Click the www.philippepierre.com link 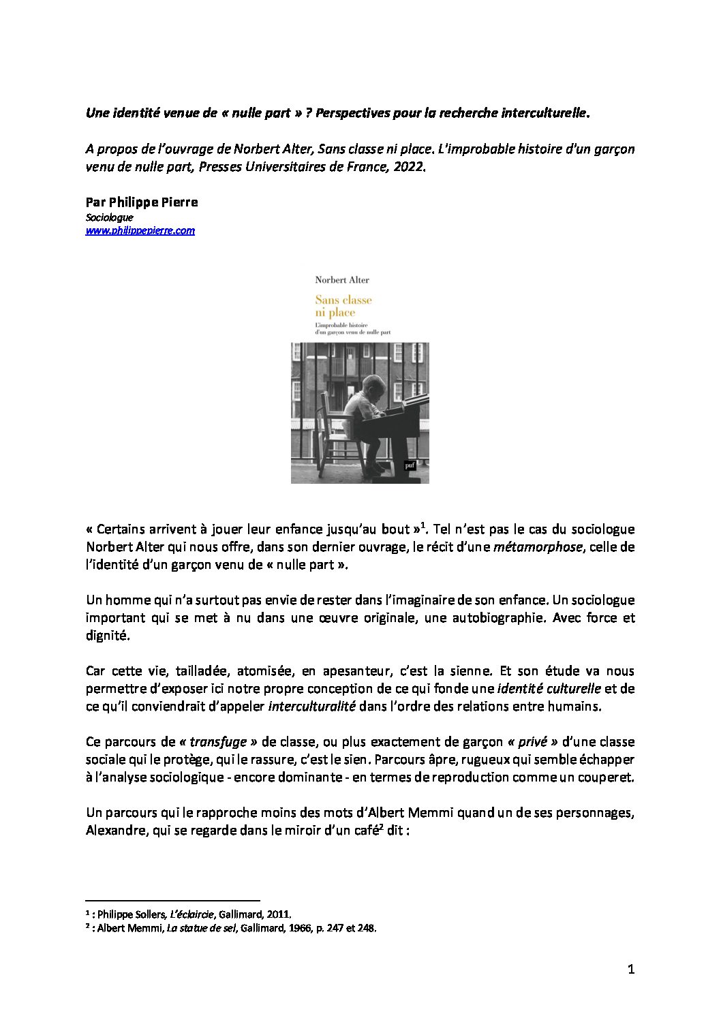tap(140, 230)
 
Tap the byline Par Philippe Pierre tap(142, 202)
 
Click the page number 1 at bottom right tap(630, 969)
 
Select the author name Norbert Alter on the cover tap(342, 279)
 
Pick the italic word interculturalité tap(312, 706)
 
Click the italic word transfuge tap(218, 741)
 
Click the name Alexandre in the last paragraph tap(113, 830)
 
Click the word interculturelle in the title tap(544, 113)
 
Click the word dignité tap(106, 635)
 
